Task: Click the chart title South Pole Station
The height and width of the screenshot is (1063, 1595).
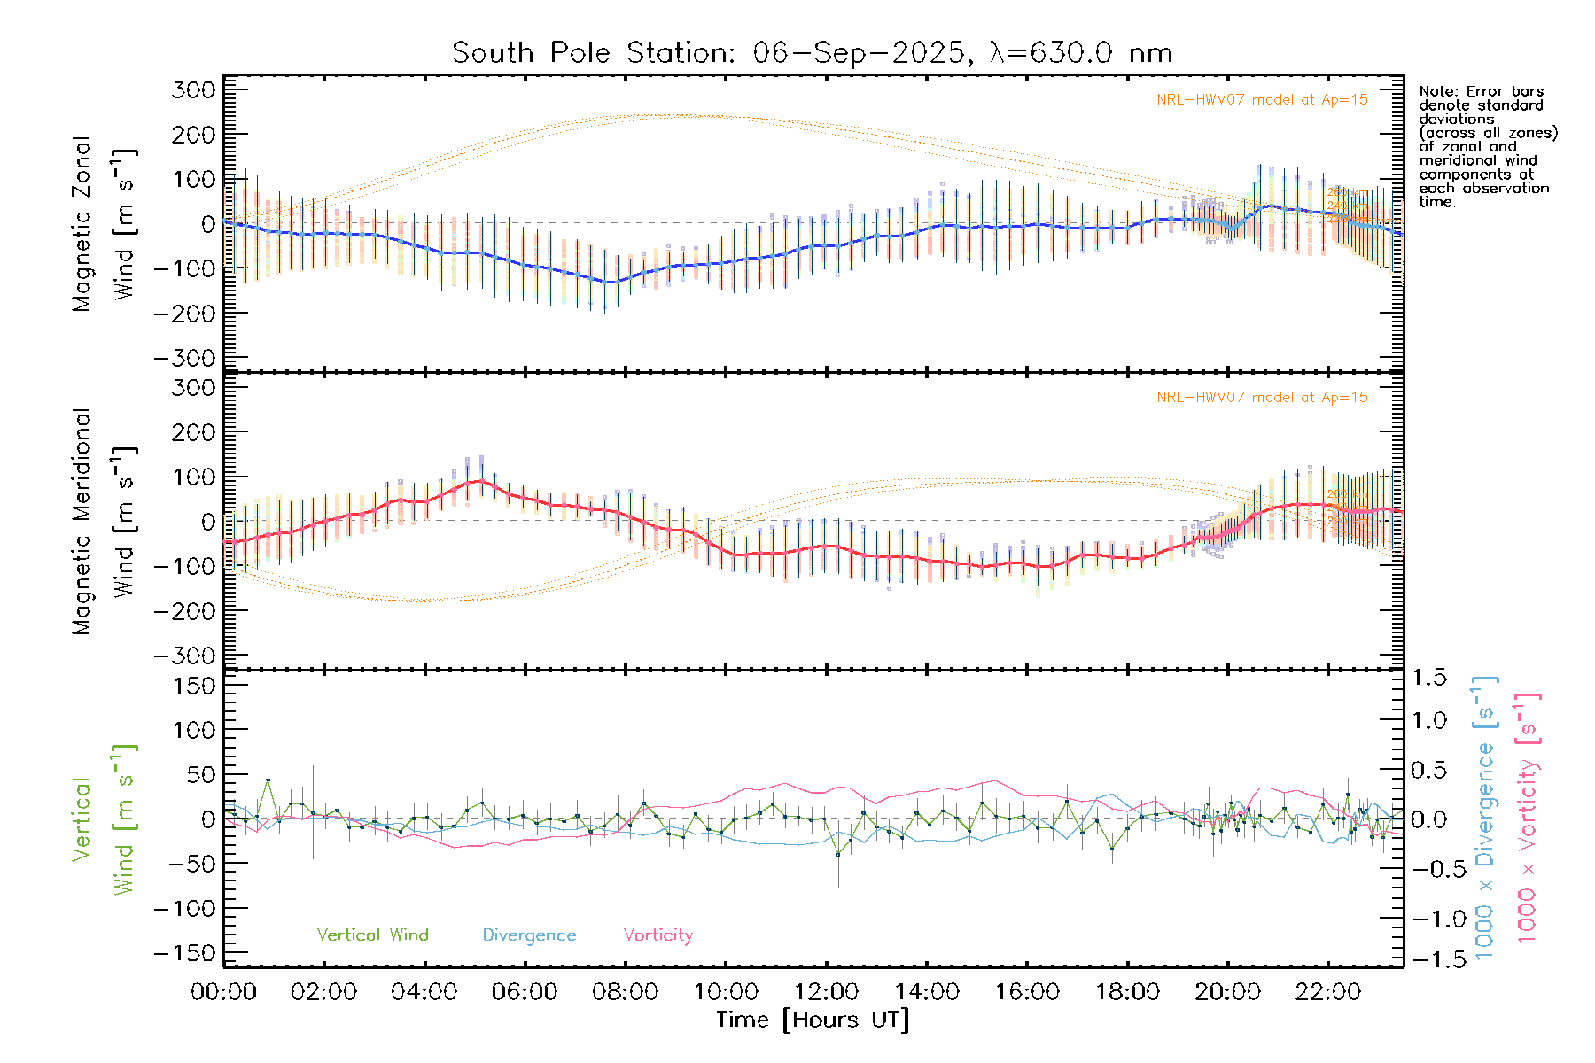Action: pyautogui.click(x=812, y=53)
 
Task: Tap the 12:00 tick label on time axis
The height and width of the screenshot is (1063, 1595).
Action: pyautogui.click(x=826, y=992)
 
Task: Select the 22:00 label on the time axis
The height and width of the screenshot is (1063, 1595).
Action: pyautogui.click(x=1327, y=992)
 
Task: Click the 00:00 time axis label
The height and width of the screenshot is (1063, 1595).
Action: pyautogui.click(x=224, y=992)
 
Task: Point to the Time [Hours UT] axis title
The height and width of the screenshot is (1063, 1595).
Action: pyautogui.click(x=813, y=1020)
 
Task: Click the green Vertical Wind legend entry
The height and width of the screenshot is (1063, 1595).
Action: pyautogui.click(x=372, y=935)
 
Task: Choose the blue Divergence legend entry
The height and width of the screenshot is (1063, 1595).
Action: pyautogui.click(x=529, y=935)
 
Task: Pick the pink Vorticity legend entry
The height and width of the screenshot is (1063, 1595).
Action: pyautogui.click(x=657, y=935)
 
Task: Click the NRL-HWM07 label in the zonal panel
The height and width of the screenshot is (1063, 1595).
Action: pyautogui.click(x=1262, y=100)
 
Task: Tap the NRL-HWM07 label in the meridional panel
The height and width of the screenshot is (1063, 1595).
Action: pyautogui.click(x=1262, y=398)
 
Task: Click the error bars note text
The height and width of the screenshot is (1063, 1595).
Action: pyautogui.click(x=1487, y=146)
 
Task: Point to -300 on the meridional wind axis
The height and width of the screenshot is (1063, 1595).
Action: pyautogui.click(x=185, y=656)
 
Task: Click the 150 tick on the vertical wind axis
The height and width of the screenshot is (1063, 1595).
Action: pyautogui.click(x=194, y=686)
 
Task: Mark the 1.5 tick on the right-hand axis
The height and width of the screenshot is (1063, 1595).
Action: pyautogui.click(x=1428, y=678)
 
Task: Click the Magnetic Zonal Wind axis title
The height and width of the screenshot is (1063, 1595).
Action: pyautogui.click(x=105, y=223)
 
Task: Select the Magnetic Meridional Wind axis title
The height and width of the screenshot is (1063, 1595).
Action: pyautogui.click(x=105, y=522)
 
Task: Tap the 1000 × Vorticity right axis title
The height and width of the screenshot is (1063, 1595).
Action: pyautogui.click(x=1528, y=818)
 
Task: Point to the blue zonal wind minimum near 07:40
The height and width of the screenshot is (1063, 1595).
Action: pyautogui.click(x=610, y=283)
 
